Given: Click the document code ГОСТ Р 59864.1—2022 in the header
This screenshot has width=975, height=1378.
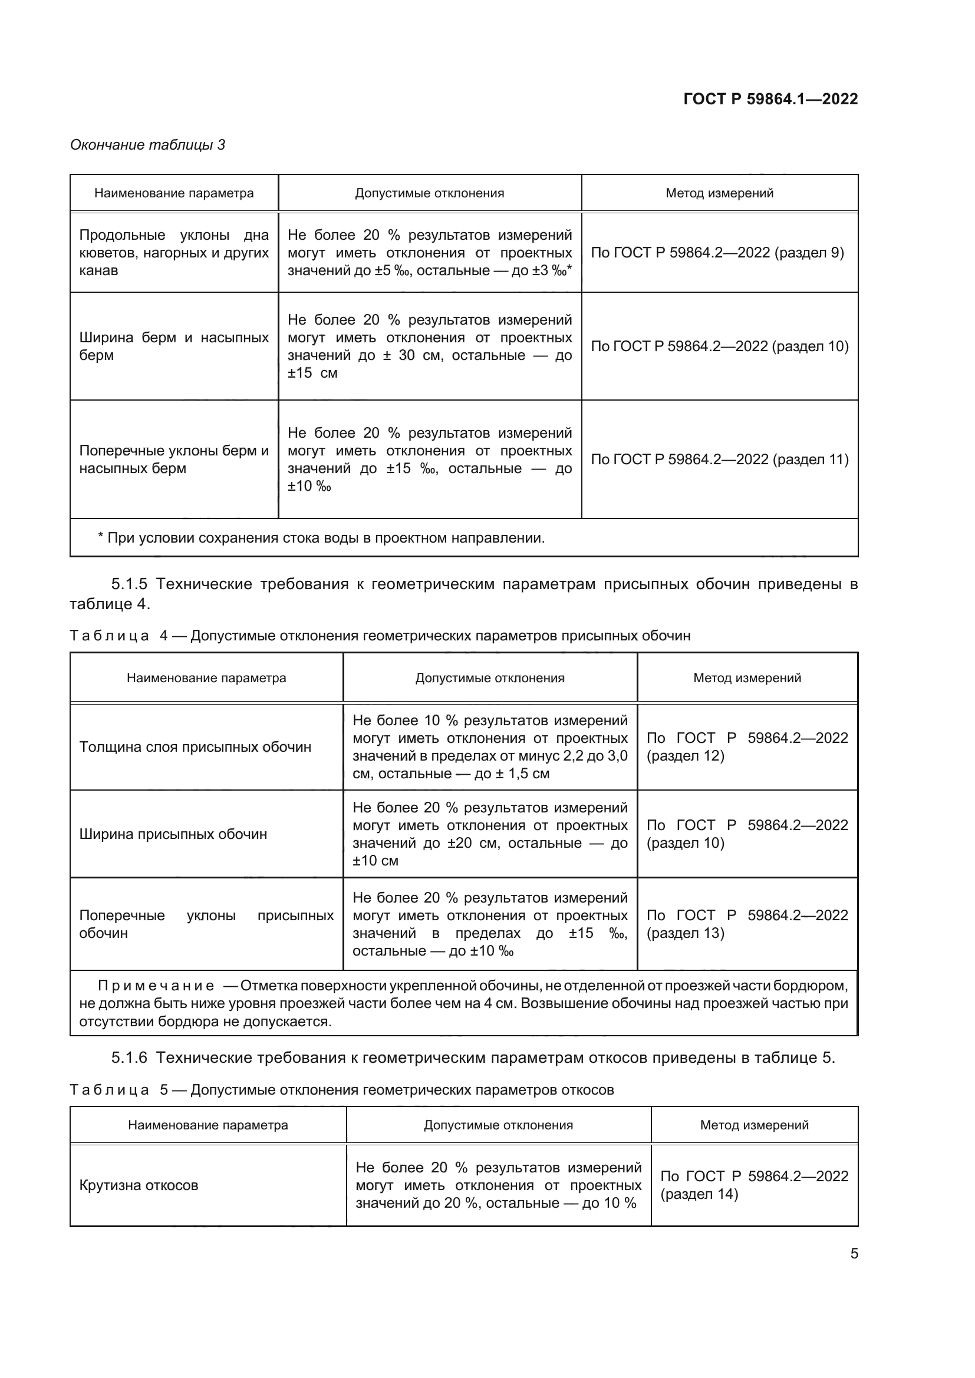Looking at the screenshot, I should [770, 99].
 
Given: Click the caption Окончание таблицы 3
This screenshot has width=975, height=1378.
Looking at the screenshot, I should [147, 145].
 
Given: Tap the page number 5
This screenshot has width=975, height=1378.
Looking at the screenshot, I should [854, 1253].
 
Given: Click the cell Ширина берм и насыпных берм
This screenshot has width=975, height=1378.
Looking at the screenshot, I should [173, 346].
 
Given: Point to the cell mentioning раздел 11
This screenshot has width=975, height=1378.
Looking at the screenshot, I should [719, 459].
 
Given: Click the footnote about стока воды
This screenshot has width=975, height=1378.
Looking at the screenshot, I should [321, 538].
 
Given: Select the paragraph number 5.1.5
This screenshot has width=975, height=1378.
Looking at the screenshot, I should [129, 584].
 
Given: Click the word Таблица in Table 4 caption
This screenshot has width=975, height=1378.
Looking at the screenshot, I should [109, 636].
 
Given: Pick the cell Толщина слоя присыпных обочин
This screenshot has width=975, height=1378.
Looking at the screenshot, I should [195, 747].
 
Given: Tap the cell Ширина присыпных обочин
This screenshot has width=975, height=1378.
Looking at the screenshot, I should [173, 834].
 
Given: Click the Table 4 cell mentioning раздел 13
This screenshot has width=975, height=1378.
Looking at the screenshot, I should [746, 924].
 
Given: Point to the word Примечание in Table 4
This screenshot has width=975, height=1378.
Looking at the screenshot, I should [156, 986].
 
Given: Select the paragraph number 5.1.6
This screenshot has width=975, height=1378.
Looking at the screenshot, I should [129, 1058].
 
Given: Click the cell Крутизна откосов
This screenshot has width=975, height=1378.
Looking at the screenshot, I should [139, 1185].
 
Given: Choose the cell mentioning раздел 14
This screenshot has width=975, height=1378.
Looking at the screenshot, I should [754, 1185].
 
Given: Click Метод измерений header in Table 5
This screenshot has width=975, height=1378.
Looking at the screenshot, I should [754, 1125].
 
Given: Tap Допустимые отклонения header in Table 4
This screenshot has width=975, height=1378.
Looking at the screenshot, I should [490, 678].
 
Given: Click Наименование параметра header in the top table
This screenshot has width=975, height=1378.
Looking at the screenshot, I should [173, 193].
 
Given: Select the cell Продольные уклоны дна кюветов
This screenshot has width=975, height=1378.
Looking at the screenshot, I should [173, 253].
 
